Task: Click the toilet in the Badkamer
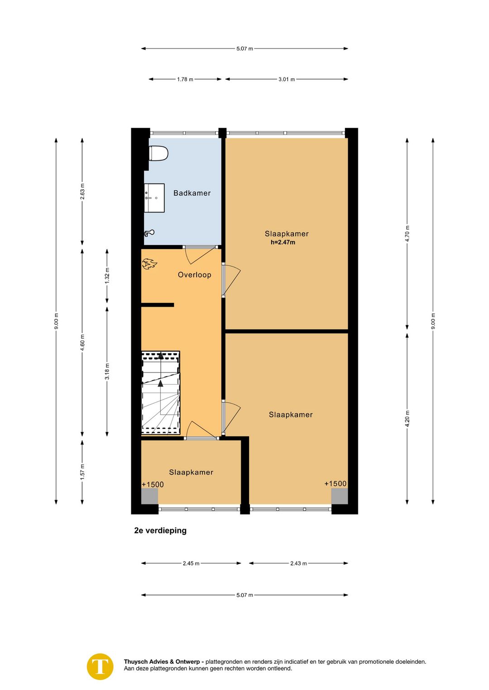(158, 153)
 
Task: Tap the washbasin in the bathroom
(154, 198)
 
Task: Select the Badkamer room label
(192, 193)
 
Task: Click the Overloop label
(194, 275)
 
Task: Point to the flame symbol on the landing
(149, 264)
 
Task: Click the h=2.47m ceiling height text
(283, 242)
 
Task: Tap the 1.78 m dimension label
(185, 80)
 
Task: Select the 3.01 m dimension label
(287, 80)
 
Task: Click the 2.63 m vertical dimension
(82, 191)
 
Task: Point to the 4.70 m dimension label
(407, 234)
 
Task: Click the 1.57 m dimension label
(82, 472)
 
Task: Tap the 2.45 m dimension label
(191, 563)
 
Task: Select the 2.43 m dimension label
(298, 563)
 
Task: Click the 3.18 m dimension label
(107, 372)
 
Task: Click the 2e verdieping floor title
(160, 530)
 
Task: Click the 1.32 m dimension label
(107, 276)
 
